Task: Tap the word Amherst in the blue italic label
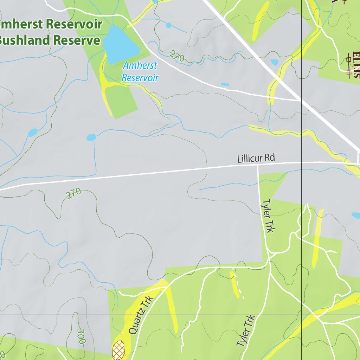(x=140, y=66)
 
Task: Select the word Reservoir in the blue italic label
(x=140, y=77)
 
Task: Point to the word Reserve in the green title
(x=77, y=40)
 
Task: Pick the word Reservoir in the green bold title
(x=74, y=25)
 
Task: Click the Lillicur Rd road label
(x=256, y=158)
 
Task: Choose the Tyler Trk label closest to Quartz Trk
(x=245, y=330)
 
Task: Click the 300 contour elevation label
(x=81, y=336)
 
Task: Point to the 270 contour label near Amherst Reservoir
(x=177, y=56)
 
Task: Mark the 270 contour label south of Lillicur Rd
(x=74, y=193)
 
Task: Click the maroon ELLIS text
(x=356, y=65)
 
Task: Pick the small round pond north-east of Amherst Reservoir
(x=168, y=25)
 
